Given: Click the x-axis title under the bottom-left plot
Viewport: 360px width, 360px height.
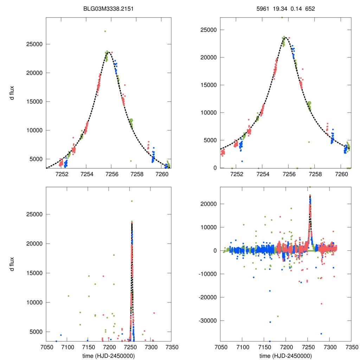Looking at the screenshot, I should pos(109,355).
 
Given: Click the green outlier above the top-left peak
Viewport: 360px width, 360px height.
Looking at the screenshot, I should pos(105,31).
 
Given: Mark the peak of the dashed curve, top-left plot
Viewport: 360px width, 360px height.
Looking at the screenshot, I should pos(109,52).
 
